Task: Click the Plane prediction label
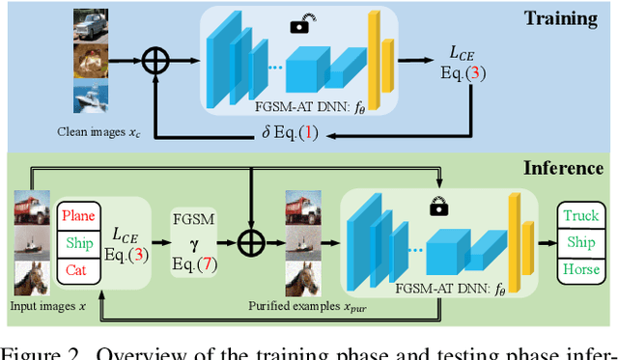[80, 214]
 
